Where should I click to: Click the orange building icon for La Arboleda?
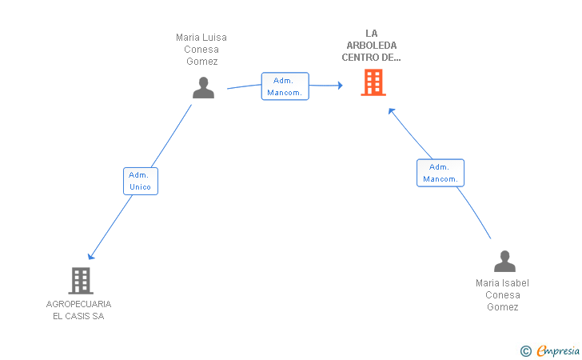pyautogui.click(x=373, y=82)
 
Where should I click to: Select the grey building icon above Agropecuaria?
pyautogui.click(x=81, y=281)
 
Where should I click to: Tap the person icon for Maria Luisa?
pyautogui.click(x=203, y=88)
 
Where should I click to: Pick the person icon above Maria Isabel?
pyautogui.click(x=504, y=261)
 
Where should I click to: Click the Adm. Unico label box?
pyautogui.click(x=141, y=181)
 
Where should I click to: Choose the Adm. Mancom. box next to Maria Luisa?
pyautogui.click(x=285, y=86)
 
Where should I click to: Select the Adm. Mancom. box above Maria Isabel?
pyautogui.click(x=440, y=173)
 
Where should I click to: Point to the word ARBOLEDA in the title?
pyautogui.click(x=372, y=46)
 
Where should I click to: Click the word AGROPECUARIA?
pyautogui.click(x=78, y=304)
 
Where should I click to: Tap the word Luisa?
pyautogui.click(x=214, y=37)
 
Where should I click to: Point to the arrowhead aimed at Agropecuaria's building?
pyautogui.click(x=90, y=256)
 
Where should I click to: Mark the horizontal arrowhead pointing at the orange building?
pyautogui.click(x=340, y=86)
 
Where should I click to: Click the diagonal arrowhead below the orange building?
pyautogui.click(x=391, y=110)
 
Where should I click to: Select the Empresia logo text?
pyautogui.click(x=558, y=350)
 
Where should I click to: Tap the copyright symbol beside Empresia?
pyautogui.click(x=526, y=351)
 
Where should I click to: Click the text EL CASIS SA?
pyautogui.click(x=78, y=316)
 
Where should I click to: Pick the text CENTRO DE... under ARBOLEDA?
pyautogui.click(x=371, y=58)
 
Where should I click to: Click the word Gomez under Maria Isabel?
pyautogui.click(x=503, y=307)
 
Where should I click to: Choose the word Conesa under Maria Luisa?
pyautogui.click(x=201, y=50)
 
